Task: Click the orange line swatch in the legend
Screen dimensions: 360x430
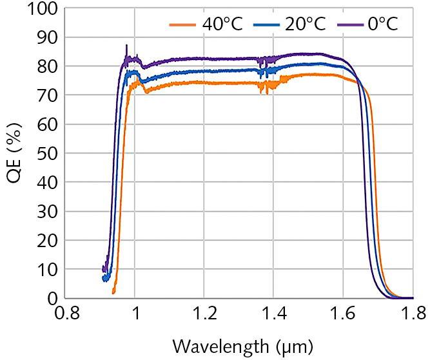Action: click(x=182, y=25)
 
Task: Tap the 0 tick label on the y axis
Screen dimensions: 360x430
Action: click(x=53, y=299)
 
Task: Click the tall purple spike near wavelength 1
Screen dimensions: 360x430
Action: click(x=126, y=46)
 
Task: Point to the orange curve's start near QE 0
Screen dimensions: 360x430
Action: click(x=113, y=292)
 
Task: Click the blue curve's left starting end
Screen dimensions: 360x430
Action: click(x=104, y=278)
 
